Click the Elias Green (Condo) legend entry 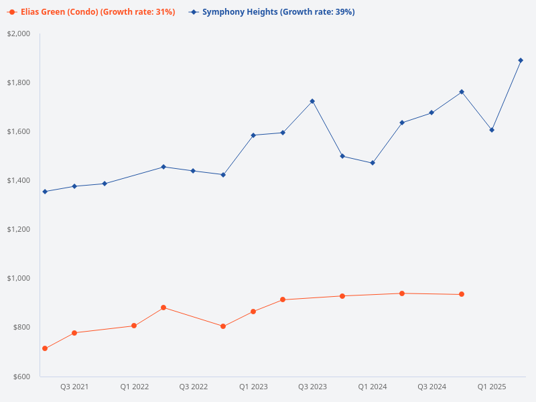[x=91, y=12]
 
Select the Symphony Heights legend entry [x=272, y=12]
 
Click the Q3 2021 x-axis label [x=74, y=387]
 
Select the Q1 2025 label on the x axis [x=491, y=387]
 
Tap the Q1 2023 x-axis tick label [x=253, y=387]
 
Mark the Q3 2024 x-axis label [x=431, y=387]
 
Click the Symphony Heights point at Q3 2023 [x=312, y=101]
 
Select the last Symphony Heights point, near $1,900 [x=521, y=60]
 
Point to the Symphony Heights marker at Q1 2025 [x=492, y=130]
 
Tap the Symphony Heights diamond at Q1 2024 [x=373, y=163]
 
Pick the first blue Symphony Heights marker [x=45, y=192]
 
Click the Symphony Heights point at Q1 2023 [x=253, y=135]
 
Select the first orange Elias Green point [x=45, y=348]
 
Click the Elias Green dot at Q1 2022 [x=134, y=326]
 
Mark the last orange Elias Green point [x=462, y=294]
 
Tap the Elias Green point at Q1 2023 [x=253, y=312]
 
